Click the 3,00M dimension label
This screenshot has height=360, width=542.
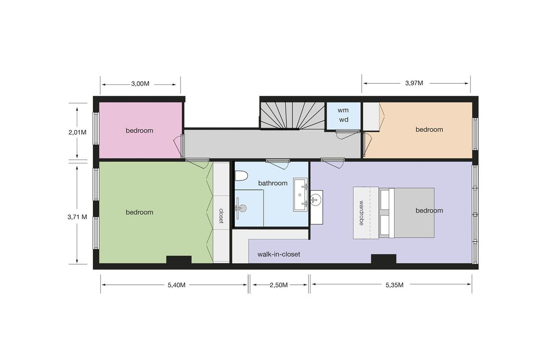pyautogui.click(x=140, y=84)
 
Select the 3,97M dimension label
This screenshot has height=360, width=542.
pyautogui.click(x=414, y=83)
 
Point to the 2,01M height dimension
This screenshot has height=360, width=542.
pyautogui.click(x=77, y=132)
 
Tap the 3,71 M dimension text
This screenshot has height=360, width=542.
pyautogui.click(x=77, y=217)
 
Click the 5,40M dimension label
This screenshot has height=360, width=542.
pyautogui.click(x=176, y=285)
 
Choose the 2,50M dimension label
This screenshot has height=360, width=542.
pyautogui.click(x=279, y=285)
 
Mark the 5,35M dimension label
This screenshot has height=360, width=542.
pyautogui.click(x=394, y=285)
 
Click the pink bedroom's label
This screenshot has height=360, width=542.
pyautogui.click(x=140, y=130)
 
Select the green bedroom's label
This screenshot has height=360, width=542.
pyautogui.click(x=140, y=212)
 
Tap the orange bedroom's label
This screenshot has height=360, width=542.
pyautogui.click(x=429, y=129)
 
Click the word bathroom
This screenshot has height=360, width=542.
pyautogui.click(x=273, y=183)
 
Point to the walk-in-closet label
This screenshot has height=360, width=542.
pyautogui.click(x=279, y=254)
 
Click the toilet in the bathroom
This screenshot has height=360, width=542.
pyautogui.click(x=241, y=176)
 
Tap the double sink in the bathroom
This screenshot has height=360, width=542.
pyautogui.click(x=301, y=195)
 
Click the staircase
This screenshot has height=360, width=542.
pyautogui.click(x=293, y=115)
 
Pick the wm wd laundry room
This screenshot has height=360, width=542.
pyautogui.click(x=343, y=115)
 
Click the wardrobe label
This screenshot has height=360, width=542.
pyautogui.click(x=361, y=213)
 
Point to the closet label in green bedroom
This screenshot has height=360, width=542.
pyautogui.click(x=221, y=216)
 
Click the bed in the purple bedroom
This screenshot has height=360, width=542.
pyautogui.click(x=406, y=213)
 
